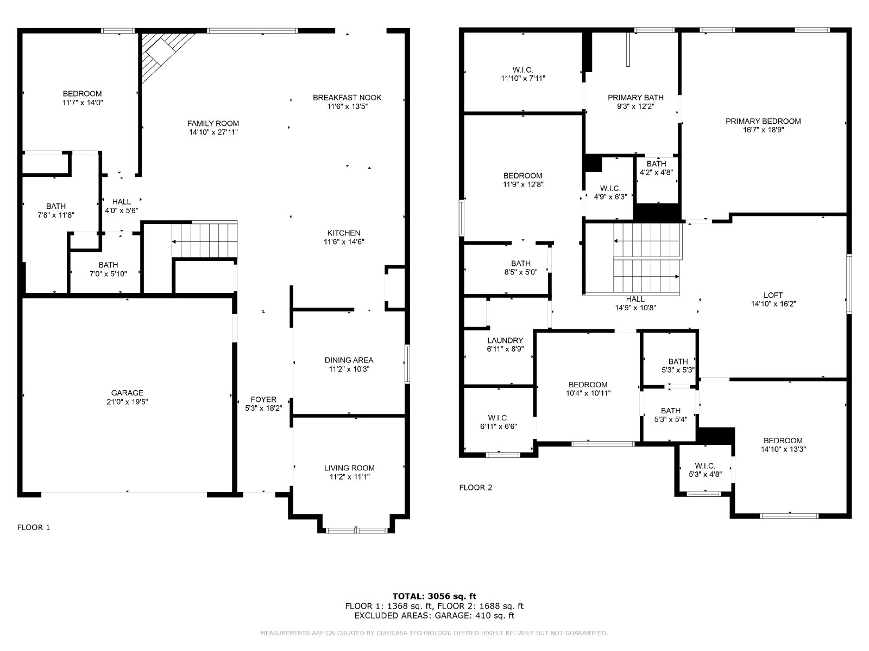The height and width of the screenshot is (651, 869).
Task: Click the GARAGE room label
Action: [x=127, y=393]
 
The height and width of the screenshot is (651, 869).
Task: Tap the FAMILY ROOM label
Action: [x=213, y=123]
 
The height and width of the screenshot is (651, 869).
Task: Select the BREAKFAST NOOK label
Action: [x=347, y=98]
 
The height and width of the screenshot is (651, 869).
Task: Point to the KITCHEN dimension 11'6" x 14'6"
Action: [x=344, y=242]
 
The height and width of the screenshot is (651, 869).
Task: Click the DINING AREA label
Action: [x=349, y=360]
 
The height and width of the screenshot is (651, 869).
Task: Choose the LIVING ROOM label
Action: [x=349, y=468]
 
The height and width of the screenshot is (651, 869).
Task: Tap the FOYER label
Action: [x=263, y=400]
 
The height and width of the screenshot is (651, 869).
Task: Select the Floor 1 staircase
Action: [x=204, y=241]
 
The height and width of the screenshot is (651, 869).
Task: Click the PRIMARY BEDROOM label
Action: [x=763, y=122]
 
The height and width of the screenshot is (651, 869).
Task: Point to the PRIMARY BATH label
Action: [x=635, y=98]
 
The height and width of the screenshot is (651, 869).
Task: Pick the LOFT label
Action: [x=773, y=295]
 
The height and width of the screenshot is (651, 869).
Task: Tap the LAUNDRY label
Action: [x=505, y=340]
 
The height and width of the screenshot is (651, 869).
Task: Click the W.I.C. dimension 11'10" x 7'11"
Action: [x=523, y=78]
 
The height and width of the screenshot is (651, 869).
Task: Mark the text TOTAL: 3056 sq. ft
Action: [x=434, y=596]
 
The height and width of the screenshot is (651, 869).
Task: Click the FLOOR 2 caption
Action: [x=475, y=487]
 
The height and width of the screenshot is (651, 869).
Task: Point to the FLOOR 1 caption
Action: [x=34, y=527]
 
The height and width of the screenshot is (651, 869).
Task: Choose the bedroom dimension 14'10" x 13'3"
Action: [x=783, y=449]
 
